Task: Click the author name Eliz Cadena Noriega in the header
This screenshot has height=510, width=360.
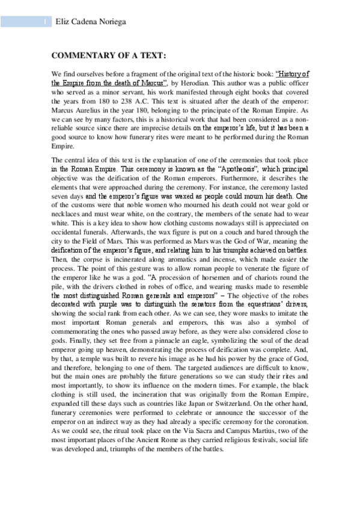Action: (91, 22)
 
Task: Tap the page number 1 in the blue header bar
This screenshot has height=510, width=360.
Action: (46, 22)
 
